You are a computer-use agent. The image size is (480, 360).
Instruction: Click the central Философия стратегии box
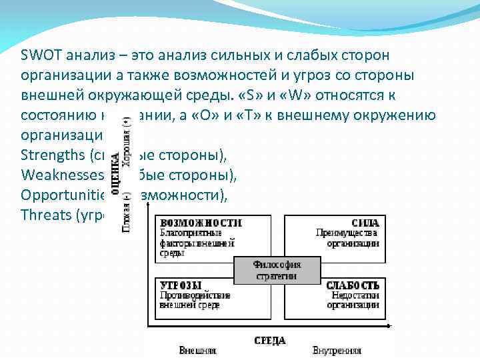point(277,269)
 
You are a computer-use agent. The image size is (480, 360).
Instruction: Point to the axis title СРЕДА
point(269,340)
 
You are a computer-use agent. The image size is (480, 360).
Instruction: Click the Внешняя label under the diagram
point(197,349)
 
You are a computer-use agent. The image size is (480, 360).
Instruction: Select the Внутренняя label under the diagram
point(337,349)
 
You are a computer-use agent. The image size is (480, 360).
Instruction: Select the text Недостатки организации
point(353,300)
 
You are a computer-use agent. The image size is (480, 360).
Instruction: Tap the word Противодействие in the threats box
point(195,295)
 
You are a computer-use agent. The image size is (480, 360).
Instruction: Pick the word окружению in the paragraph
point(402,115)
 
